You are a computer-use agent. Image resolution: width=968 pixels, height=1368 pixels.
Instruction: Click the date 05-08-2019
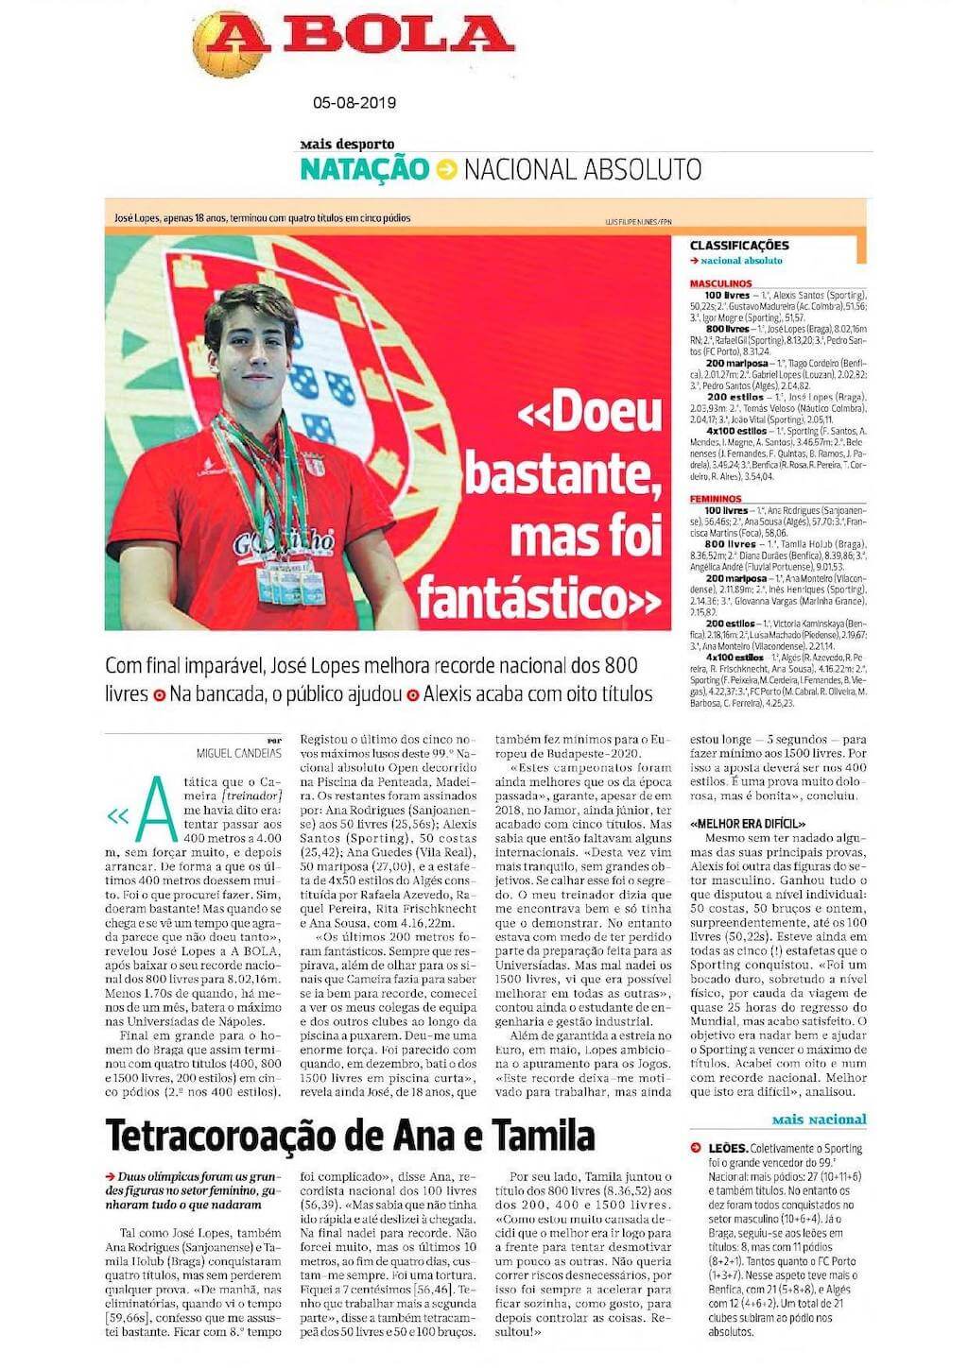354,103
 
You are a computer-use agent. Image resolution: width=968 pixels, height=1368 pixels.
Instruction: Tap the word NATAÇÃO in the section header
364,169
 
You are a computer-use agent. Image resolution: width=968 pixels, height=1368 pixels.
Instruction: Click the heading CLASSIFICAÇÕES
738,246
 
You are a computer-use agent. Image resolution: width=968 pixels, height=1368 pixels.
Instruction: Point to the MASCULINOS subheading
720,283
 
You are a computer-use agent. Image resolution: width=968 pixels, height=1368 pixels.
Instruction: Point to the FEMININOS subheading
716,498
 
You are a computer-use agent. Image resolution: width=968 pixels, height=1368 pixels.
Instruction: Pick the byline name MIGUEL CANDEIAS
239,752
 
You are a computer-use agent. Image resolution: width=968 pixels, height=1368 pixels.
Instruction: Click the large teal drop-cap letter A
156,809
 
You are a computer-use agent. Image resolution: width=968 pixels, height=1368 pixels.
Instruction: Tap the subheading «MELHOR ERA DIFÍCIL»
748,824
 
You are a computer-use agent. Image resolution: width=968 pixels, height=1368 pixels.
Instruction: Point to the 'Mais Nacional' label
819,1120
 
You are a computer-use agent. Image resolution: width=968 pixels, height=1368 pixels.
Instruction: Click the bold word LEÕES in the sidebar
728,1148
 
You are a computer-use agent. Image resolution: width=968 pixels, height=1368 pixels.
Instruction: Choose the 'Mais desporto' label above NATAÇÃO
347,145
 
